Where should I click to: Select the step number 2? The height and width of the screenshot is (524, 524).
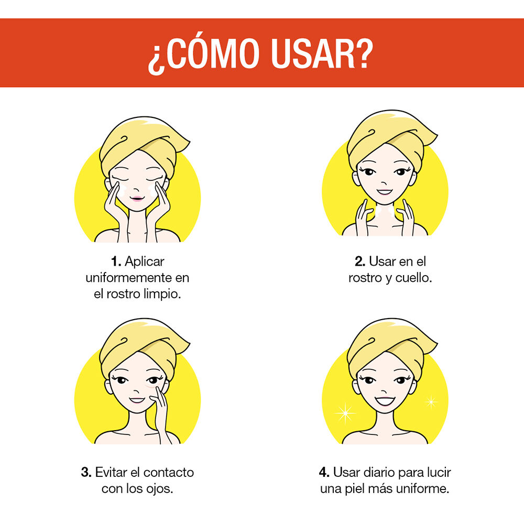pyautogui.click(x=361, y=261)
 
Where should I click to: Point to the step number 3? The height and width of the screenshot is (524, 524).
pyautogui.click(x=86, y=472)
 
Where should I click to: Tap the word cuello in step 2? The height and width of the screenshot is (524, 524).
pyautogui.click(x=413, y=278)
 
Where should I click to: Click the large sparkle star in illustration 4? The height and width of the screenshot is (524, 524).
pyautogui.click(x=345, y=413)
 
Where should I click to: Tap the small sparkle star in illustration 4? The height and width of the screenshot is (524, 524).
pyautogui.click(x=430, y=402)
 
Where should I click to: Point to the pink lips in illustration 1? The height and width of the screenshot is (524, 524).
pyautogui.click(x=137, y=198)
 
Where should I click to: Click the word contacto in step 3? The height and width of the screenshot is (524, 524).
pyautogui.click(x=168, y=472)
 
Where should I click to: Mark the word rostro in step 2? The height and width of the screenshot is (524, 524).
pyautogui.click(x=365, y=278)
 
